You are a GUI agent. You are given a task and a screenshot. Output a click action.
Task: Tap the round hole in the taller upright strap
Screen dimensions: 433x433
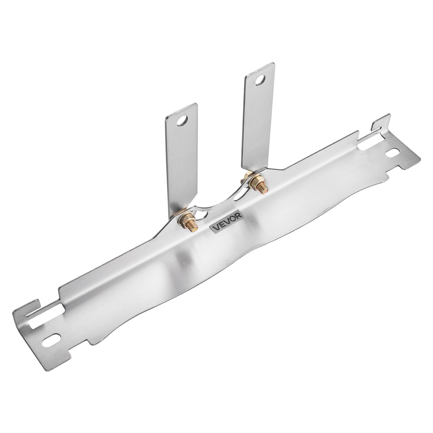click(260, 80)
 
